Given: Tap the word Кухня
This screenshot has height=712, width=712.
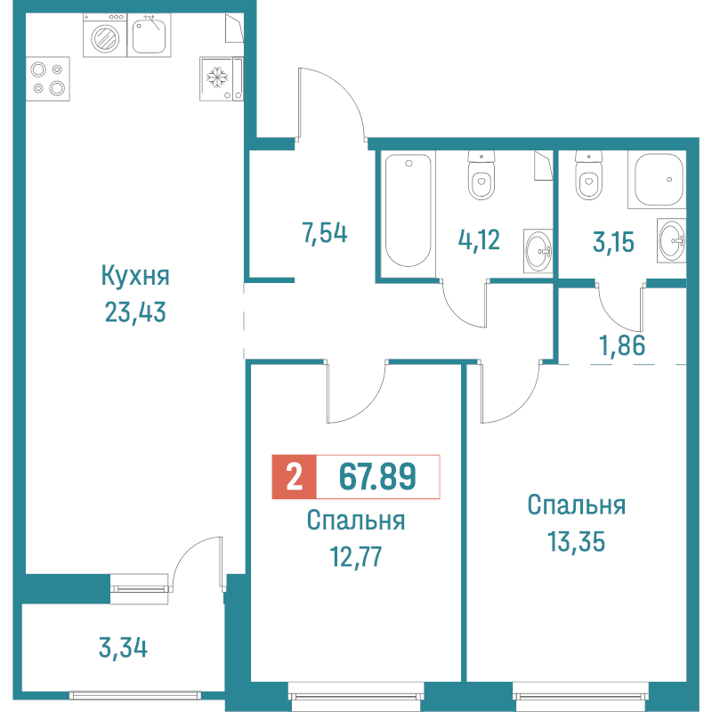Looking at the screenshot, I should (x=135, y=276).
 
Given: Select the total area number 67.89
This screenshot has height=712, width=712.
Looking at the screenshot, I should (x=378, y=478).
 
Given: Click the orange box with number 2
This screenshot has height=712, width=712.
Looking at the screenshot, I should (x=294, y=478).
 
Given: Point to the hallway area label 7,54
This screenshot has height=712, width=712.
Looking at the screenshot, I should (x=324, y=235).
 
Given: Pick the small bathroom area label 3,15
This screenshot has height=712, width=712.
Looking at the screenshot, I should (x=613, y=240).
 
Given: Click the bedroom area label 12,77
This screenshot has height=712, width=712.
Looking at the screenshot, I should (x=356, y=557).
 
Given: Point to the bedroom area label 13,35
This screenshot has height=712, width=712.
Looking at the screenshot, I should (x=576, y=541).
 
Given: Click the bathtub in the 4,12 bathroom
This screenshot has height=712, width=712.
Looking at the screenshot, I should (x=409, y=210).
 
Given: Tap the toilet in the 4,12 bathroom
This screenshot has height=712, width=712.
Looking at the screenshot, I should (x=481, y=179).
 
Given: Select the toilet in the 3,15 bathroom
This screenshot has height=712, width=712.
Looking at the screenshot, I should (x=588, y=179).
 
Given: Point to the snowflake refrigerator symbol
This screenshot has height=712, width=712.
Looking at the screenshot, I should (x=216, y=78).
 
